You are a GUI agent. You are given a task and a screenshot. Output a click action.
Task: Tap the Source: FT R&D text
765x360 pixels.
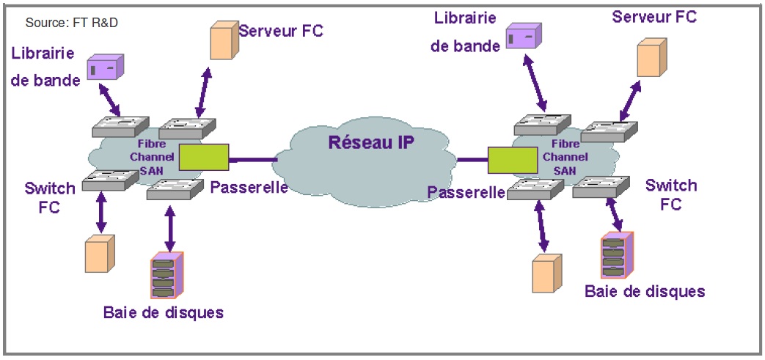pos(72,23)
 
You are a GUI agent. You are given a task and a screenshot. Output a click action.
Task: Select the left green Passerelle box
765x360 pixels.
pos(204,156)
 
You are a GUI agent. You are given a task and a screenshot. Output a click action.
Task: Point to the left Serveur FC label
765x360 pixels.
pos(281,31)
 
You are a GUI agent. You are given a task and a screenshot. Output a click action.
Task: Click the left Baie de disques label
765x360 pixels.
pos(163,312)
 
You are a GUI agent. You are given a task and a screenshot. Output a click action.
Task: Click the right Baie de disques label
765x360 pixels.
pos(645,291)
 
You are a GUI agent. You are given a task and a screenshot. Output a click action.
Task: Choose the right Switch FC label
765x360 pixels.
pos(671,194)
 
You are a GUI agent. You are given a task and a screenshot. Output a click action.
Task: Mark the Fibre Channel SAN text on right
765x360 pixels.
pos(564,157)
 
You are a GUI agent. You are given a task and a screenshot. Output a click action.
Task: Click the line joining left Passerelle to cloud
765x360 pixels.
pos(253,157)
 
